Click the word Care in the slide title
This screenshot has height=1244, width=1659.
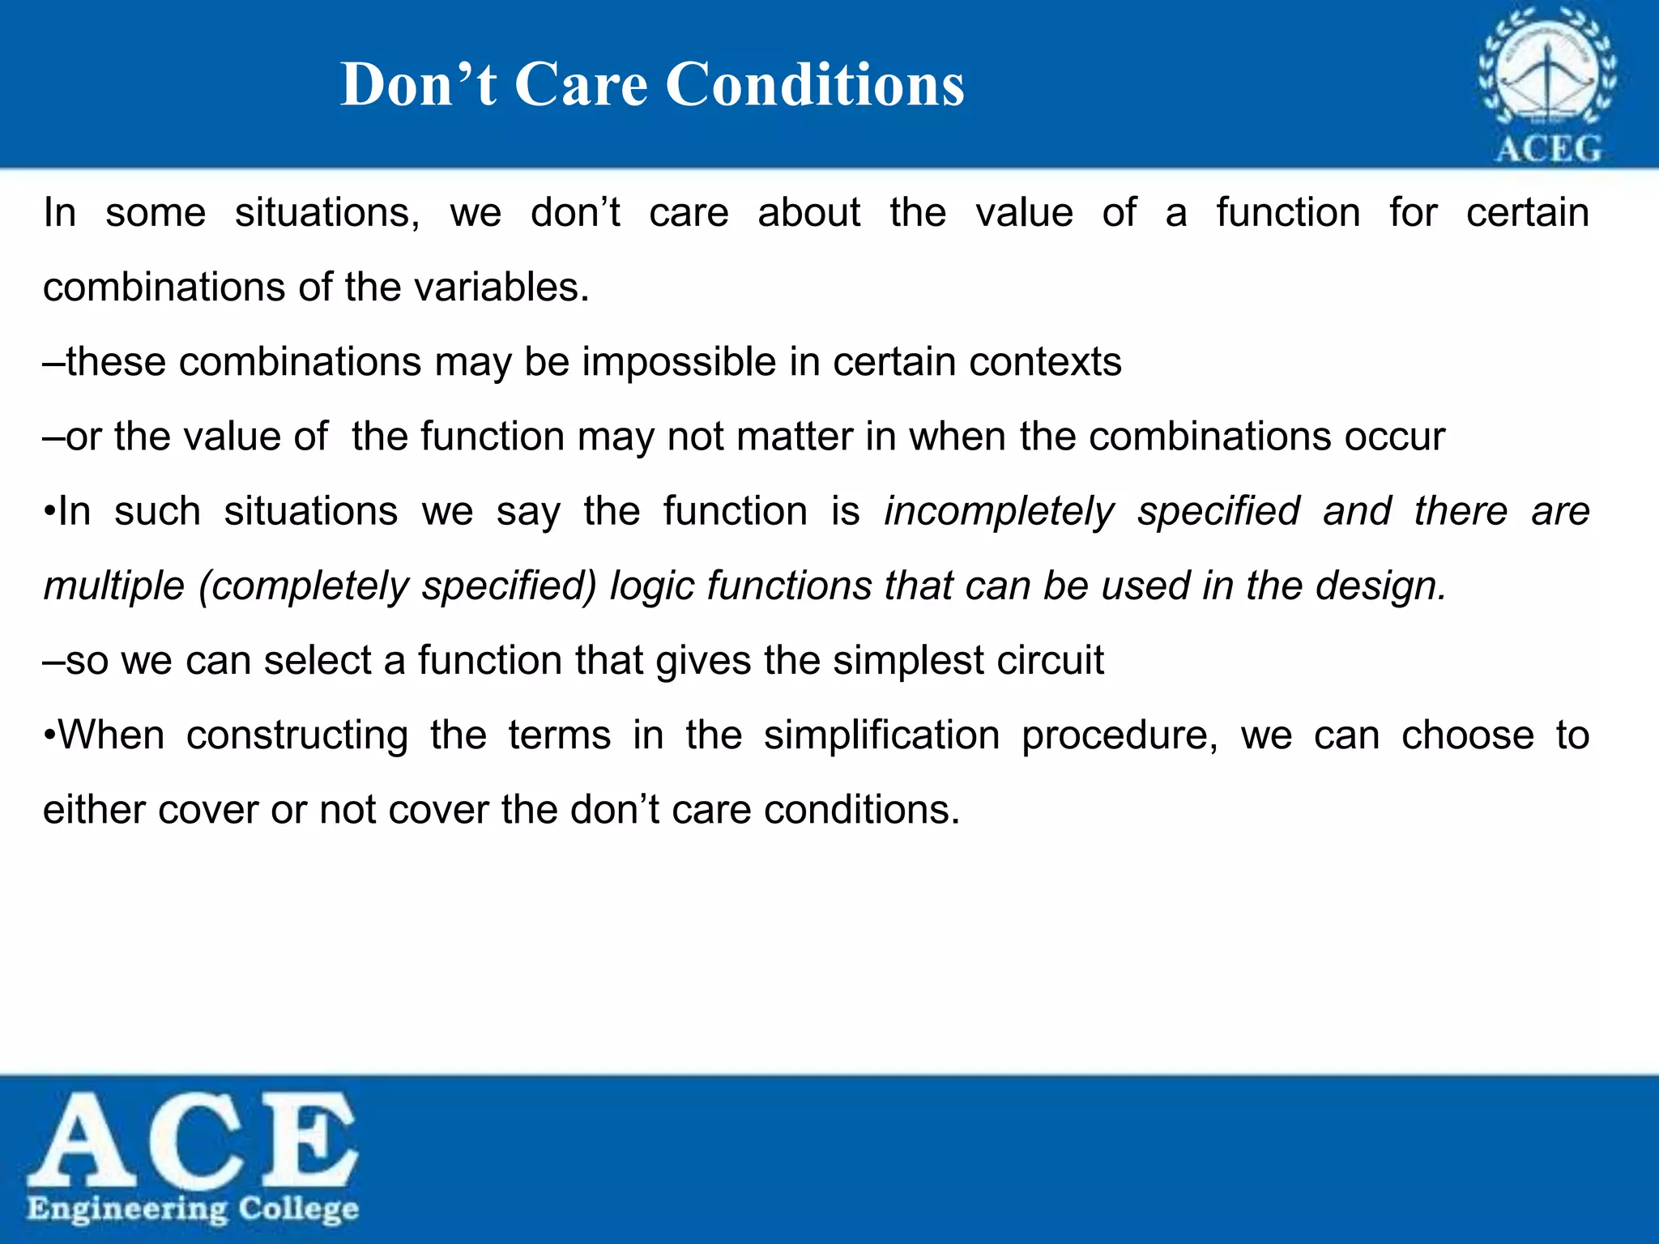pyautogui.click(x=581, y=85)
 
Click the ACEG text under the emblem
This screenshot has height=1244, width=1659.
pyautogui.click(x=1548, y=150)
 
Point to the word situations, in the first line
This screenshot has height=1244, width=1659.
pyautogui.click(x=327, y=214)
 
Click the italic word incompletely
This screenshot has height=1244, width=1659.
pyautogui.click(x=1000, y=513)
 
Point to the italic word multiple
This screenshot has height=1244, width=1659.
pyautogui.click(x=114, y=587)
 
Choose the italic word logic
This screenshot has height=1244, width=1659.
pyautogui.click(x=651, y=587)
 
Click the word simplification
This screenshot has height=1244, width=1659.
pyautogui.click(x=881, y=736)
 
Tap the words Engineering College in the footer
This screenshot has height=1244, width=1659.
pyautogui.click(x=193, y=1209)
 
